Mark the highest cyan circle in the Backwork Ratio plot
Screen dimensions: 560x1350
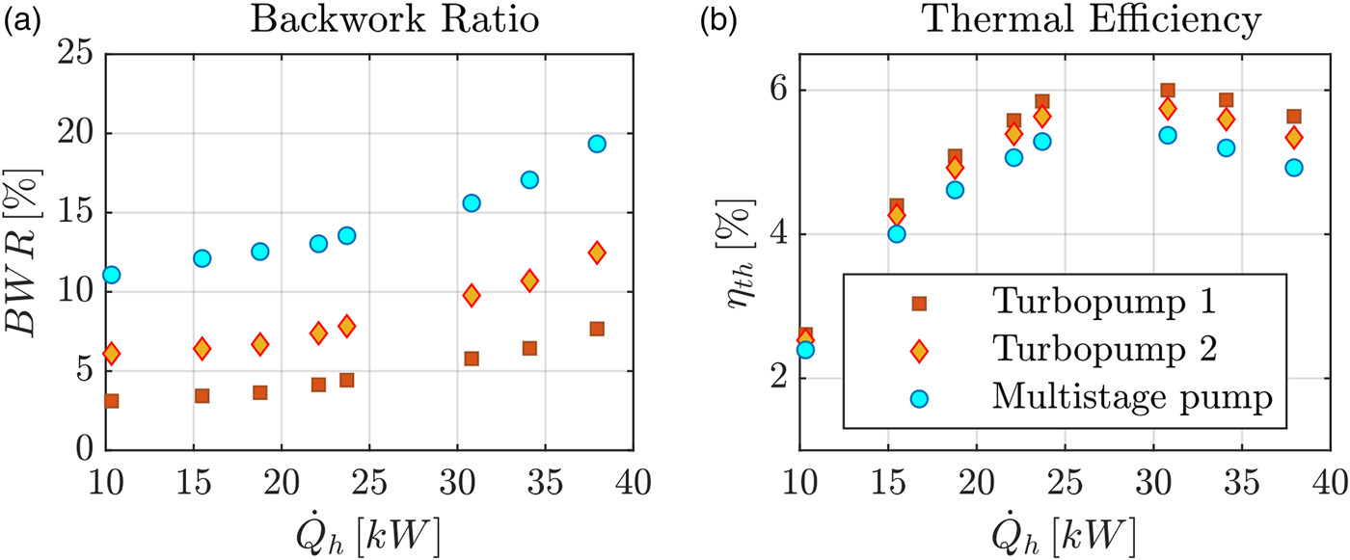(597, 144)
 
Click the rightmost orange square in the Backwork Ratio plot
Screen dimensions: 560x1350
(597, 329)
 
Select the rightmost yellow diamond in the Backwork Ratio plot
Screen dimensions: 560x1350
(597, 253)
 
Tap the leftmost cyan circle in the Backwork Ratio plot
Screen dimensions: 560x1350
(111, 275)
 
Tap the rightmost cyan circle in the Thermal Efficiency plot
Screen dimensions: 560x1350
(1294, 168)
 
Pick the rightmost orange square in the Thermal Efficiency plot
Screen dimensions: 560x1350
(1294, 117)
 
